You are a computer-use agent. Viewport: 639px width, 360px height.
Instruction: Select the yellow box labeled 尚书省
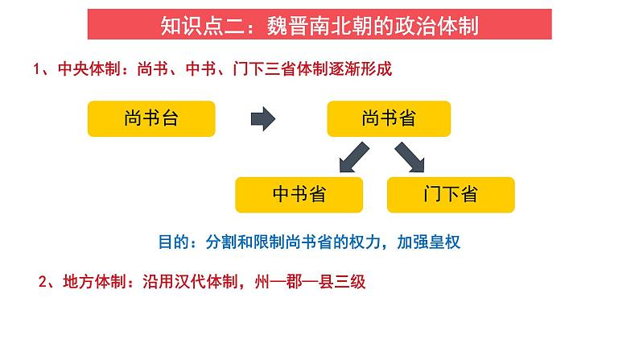pyautogui.click(x=389, y=118)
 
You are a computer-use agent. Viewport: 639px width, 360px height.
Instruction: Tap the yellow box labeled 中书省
pyautogui.click(x=299, y=194)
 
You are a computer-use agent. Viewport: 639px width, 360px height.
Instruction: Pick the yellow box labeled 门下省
pyautogui.click(x=450, y=194)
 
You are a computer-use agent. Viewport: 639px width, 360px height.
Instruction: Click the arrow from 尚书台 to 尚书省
pyautogui.click(x=262, y=119)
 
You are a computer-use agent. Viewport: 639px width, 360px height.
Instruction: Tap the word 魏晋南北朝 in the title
pyautogui.click(x=333, y=26)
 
